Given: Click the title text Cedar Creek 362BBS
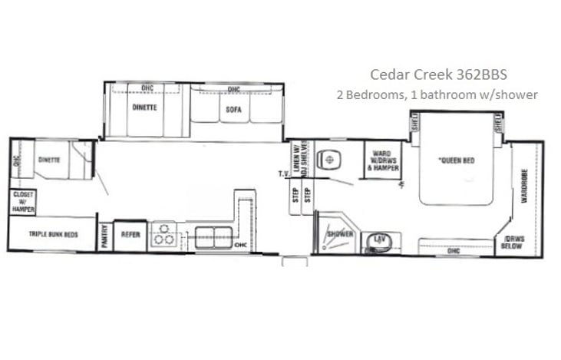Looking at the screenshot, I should click(438, 74).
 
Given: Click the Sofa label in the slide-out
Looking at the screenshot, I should click(234, 109).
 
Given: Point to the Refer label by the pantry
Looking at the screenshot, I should click(130, 234).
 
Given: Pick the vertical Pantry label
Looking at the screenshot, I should click(105, 236).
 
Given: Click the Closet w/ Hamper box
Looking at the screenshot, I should click(22, 201).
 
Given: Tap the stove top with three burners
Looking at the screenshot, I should click(164, 235).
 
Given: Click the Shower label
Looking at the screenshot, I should click(338, 233).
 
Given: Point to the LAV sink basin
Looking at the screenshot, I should click(378, 241).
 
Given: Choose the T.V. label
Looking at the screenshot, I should click(282, 174).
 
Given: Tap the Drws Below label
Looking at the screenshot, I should click(513, 243).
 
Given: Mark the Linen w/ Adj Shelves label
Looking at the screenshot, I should click(300, 160).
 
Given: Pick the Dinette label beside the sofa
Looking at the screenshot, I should click(144, 107).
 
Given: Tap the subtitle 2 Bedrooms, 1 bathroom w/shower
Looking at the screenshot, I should click(437, 95).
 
